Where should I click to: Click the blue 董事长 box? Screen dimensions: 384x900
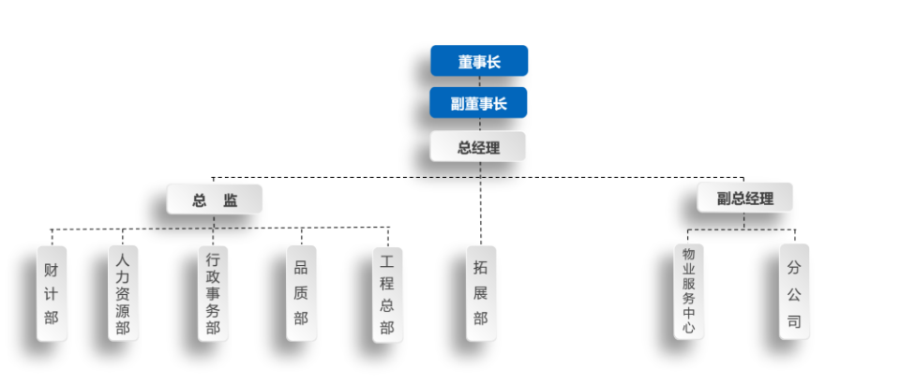[x=479, y=61]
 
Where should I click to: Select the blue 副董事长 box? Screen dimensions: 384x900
[x=478, y=103]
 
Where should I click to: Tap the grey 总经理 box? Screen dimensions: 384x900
[x=478, y=147]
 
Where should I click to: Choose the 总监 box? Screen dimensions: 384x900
[x=215, y=199]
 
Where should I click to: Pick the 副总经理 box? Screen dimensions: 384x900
[x=745, y=198]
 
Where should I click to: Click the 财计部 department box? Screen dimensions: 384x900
[x=52, y=293]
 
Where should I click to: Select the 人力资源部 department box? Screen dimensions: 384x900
[x=123, y=293]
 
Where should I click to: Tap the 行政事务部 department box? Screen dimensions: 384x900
[x=213, y=293]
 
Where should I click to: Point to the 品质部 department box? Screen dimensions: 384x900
[x=301, y=293]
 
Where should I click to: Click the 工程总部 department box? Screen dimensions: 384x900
[x=387, y=293]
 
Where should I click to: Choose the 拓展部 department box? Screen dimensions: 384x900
[x=480, y=292]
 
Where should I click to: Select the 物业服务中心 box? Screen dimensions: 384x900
[x=688, y=291]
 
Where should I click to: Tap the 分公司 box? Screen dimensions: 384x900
[x=794, y=291]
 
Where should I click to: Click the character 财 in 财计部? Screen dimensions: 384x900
[x=52, y=269]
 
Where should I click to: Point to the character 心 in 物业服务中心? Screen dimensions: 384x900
[x=688, y=329]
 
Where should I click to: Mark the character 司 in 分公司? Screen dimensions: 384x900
[x=794, y=321]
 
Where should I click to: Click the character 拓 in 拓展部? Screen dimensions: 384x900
[x=480, y=267]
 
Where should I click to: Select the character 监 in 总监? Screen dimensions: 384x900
[x=230, y=199]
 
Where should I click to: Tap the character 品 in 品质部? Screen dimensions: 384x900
[x=301, y=267]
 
